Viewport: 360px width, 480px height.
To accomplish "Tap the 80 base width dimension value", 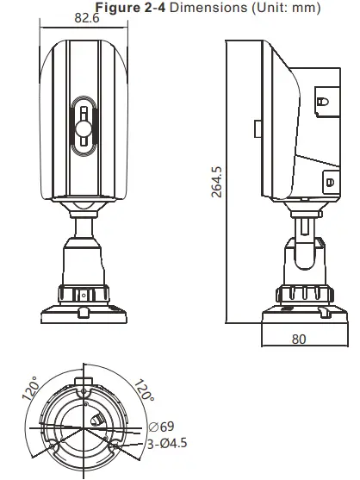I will (x=298, y=339).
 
